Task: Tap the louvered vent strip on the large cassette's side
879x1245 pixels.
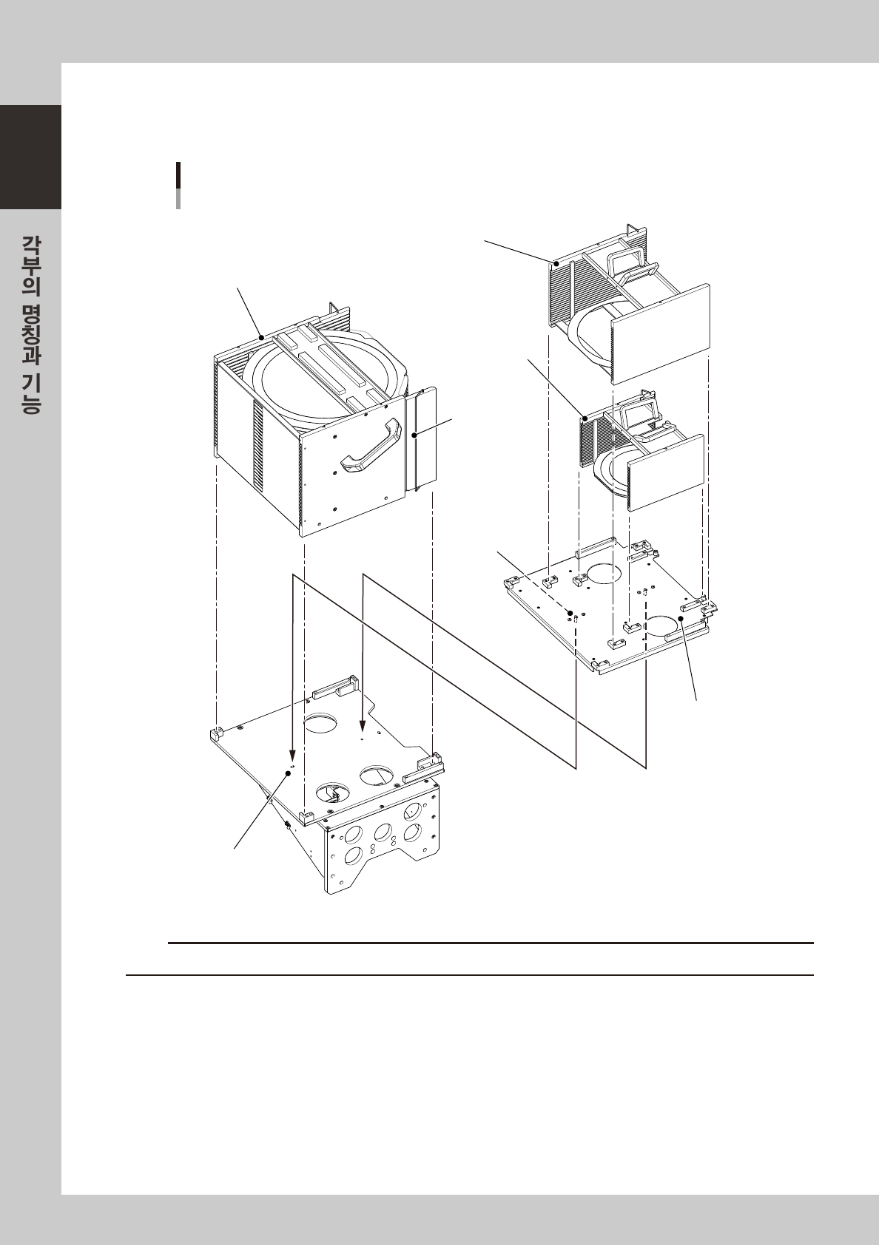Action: point(258,442)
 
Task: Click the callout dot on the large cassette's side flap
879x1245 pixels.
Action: point(415,436)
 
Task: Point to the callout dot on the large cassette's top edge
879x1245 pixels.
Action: point(261,337)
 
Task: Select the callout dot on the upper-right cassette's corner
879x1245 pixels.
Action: point(556,263)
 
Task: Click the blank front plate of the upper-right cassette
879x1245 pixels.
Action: point(661,333)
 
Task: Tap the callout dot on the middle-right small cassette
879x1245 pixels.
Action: point(585,418)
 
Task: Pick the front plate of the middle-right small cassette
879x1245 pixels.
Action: point(667,472)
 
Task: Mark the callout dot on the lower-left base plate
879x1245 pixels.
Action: point(288,773)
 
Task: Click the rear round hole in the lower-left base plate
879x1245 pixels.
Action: point(321,723)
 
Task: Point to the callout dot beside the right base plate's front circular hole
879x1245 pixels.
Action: point(681,618)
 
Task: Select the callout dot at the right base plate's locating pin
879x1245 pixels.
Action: point(570,612)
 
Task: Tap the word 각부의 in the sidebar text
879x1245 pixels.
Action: point(30,266)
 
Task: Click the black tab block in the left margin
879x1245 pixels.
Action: point(30,157)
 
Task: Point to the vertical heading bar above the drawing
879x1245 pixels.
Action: point(178,186)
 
